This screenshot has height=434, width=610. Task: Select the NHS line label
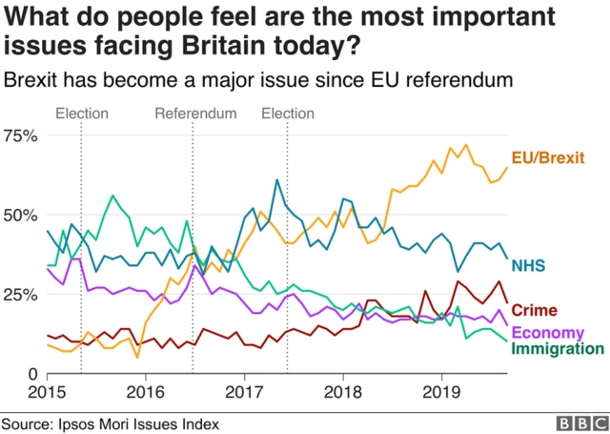(x=530, y=264)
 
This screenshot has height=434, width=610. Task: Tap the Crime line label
(x=535, y=310)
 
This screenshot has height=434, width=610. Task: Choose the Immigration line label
(x=558, y=349)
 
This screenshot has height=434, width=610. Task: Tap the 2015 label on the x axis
(x=46, y=391)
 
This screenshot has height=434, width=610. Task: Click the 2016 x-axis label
(x=144, y=391)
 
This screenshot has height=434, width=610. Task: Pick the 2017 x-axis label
(x=243, y=391)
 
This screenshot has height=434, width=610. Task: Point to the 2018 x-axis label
(x=341, y=391)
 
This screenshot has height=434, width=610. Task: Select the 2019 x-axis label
(x=440, y=391)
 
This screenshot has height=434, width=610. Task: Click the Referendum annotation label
(x=195, y=114)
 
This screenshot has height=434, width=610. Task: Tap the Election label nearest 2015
(x=81, y=114)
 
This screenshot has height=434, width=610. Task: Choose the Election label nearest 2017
(x=287, y=114)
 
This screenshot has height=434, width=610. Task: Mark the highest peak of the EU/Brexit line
(x=465, y=145)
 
